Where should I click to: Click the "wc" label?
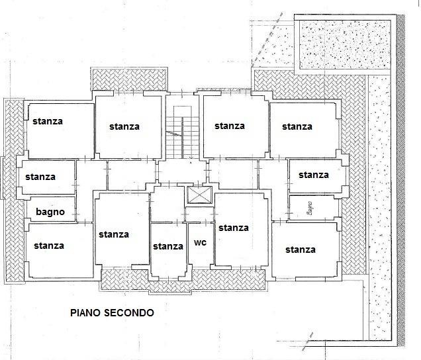pyautogui.click(x=201, y=243)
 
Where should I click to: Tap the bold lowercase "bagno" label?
pyautogui.click(x=50, y=212)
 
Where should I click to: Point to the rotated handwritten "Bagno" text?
pyautogui.click(x=310, y=208)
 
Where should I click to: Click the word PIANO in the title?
pyautogui.click(x=85, y=313)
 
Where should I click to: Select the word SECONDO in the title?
pyautogui.click(x=129, y=313)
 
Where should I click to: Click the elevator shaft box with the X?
pyautogui.click(x=199, y=195)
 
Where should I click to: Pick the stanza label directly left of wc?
pyautogui.click(x=168, y=246)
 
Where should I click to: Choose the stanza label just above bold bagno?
pyautogui.click(x=40, y=177)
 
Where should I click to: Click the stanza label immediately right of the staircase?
pyautogui.click(x=230, y=126)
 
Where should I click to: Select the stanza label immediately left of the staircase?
pyautogui.click(x=124, y=126)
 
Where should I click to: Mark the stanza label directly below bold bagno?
pyautogui.click(x=49, y=246)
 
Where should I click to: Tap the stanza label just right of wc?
pyautogui.click(x=234, y=228)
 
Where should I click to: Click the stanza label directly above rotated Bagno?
pyautogui.click(x=314, y=175)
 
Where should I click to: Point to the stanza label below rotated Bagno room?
pyautogui.click(x=301, y=249)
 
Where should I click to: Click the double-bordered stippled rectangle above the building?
pyautogui.click(x=345, y=44)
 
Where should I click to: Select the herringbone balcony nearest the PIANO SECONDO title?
pyautogui.click(x=183, y=280)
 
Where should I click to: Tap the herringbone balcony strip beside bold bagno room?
pyautogui.click(x=15, y=191)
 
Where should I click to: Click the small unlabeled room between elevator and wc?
pyautogui.click(x=199, y=214)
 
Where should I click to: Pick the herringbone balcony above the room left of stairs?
pyautogui.click(x=129, y=79)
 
